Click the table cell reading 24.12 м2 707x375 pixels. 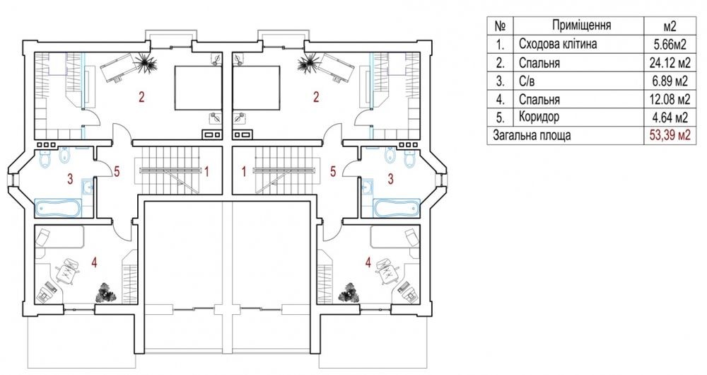[x=669, y=62]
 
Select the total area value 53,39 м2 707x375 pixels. [x=669, y=135]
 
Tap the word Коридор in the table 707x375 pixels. [x=539, y=117]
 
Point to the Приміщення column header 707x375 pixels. [x=581, y=25]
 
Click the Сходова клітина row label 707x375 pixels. [x=558, y=44]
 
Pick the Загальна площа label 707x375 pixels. [x=532, y=135]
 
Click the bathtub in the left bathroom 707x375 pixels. [x=59, y=208]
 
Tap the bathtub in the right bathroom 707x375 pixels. [x=397, y=208]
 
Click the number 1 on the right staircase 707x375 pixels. [x=244, y=171]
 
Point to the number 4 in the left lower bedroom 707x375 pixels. [x=94, y=262]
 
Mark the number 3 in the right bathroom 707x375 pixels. [x=390, y=179]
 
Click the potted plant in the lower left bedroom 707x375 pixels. [x=106, y=292]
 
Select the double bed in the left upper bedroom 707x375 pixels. [x=199, y=88]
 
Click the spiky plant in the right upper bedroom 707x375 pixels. [x=308, y=62]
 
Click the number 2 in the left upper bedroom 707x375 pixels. [x=141, y=97]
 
